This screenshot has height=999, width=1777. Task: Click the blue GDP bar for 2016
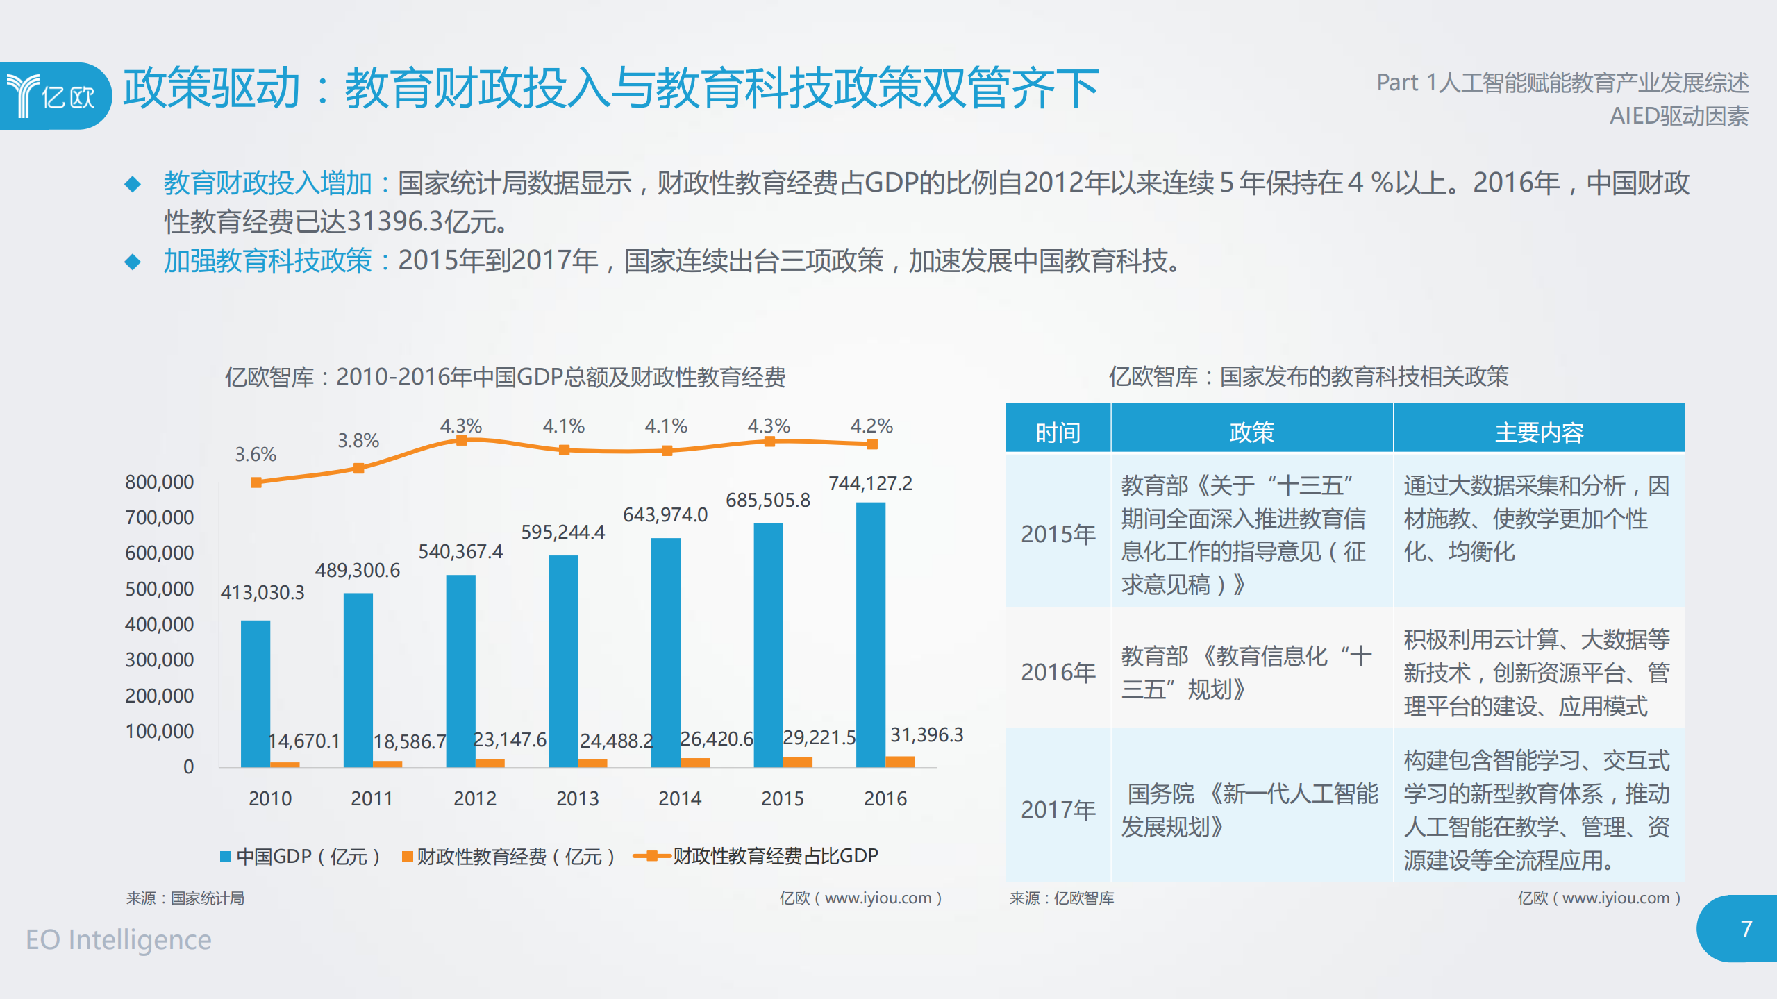(x=870, y=635)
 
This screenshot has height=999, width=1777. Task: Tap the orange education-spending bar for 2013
(x=592, y=762)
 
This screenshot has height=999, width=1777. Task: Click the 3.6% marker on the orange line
(x=256, y=482)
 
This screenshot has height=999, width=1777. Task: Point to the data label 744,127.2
(x=870, y=483)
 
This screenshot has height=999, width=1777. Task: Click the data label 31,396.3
(x=926, y=734)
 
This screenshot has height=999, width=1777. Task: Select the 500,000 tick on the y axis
(x=159, y=589)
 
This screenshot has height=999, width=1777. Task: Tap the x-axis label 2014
(x=679, y=798)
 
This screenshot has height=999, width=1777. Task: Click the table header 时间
(x=1058, y=432)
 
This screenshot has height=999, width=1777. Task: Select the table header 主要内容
(x=1539, y=432)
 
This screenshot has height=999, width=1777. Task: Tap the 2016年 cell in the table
(x=1058, y=671)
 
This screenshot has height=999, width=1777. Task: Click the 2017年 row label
(x=1058, y=809)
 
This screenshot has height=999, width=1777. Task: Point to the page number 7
(x=1746, y=929)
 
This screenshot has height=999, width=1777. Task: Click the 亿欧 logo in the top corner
(x=52, y=96)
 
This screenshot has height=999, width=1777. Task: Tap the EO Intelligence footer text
(x=118, y=939)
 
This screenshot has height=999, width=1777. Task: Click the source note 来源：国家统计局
(x=185, y=898)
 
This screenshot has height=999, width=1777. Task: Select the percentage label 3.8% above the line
(x=358, y=440)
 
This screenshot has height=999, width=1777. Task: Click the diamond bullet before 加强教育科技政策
(x=132, y=262)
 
